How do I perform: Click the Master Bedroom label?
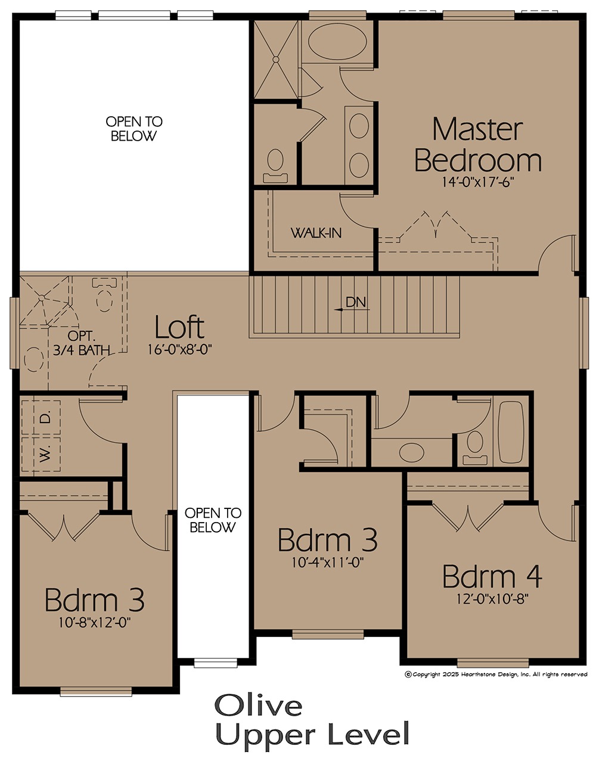(x=477, y=145)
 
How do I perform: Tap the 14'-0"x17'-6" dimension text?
(x=479, y=182)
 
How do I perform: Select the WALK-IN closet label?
(x=316, y=233)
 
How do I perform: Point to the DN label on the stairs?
(x=356, y=302)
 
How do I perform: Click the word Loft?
(x=179, y=327)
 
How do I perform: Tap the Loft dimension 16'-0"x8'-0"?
(x=179, y=350)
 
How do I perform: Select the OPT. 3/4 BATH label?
(x=81, y=343)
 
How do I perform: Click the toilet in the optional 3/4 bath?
(x=104, y=294)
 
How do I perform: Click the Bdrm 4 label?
(x=492, y=576)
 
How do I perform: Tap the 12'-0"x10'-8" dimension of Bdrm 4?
(x=493, y=598)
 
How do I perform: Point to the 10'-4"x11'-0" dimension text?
(x=328, y=563)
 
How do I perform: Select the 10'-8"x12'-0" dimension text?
(x=95, y=622)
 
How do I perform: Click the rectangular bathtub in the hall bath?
(x=511, y=432)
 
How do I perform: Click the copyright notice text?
(x=496, y=674)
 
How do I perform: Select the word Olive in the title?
(x=258, y=704)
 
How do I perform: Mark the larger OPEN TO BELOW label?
(x=134, y=129)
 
